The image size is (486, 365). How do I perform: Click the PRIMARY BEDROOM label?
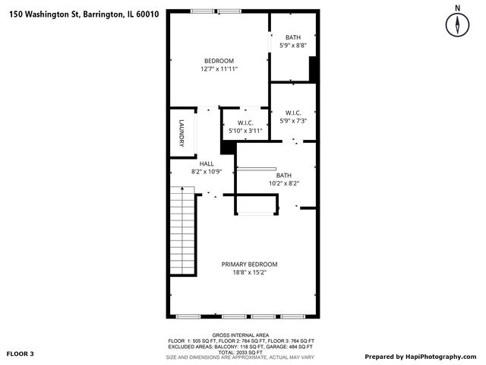(x=249, y=265)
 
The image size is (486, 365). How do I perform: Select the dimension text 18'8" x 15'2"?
(x=249, y=272)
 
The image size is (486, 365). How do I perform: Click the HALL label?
(x=207, y=163)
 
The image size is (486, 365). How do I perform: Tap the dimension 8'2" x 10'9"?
(x=207, y=172)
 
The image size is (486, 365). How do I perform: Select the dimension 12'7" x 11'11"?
(x=219, y=69)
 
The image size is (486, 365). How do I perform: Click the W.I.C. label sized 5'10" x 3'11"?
(x=245, y=122)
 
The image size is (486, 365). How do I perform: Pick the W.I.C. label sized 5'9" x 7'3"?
(x=293, y=113)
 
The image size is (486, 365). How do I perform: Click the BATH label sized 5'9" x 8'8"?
(x=293, y=38)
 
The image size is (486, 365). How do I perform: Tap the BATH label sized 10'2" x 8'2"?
(x=284, y=175)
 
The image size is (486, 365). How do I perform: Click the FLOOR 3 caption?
(x=21, y=354)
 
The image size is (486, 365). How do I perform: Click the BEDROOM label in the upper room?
(x=219, y=61)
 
